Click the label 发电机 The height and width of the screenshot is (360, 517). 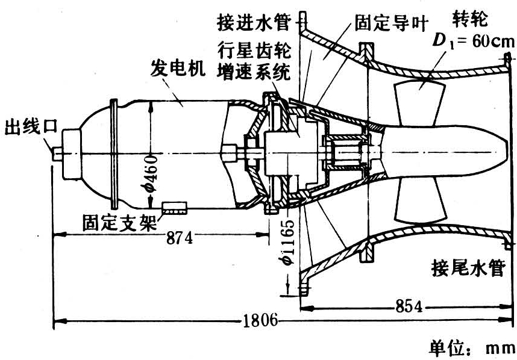tap(174, 69)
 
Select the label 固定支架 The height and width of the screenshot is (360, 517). tap(119, 223)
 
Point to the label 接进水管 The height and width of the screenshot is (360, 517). tap(253, 24)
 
